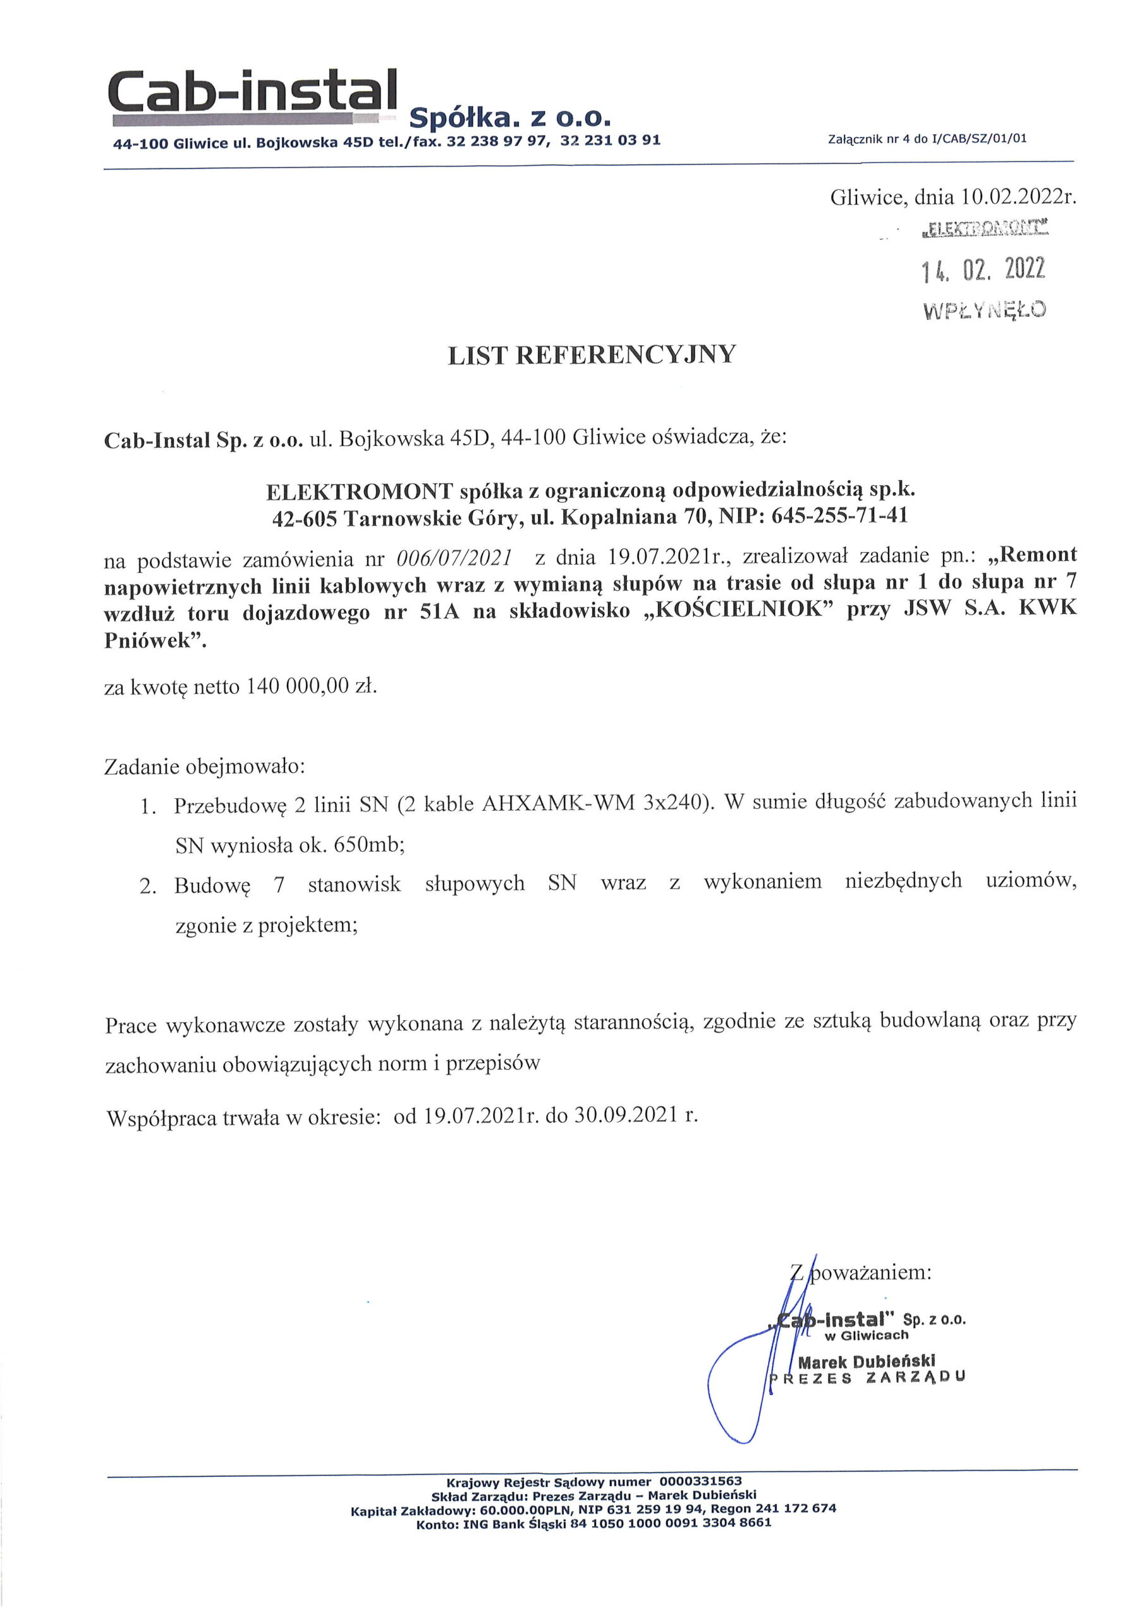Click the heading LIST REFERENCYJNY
(592, 355)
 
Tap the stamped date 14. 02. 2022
(983, 269)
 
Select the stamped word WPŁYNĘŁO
(984, 309)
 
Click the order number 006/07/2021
(454, 558)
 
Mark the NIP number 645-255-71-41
(840, 515)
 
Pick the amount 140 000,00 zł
(310, 686)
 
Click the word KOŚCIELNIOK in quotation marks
(739, 609)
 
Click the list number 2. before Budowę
(147, 885)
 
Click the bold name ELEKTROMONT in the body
(360, 489)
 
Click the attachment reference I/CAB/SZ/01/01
(979, 139)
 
